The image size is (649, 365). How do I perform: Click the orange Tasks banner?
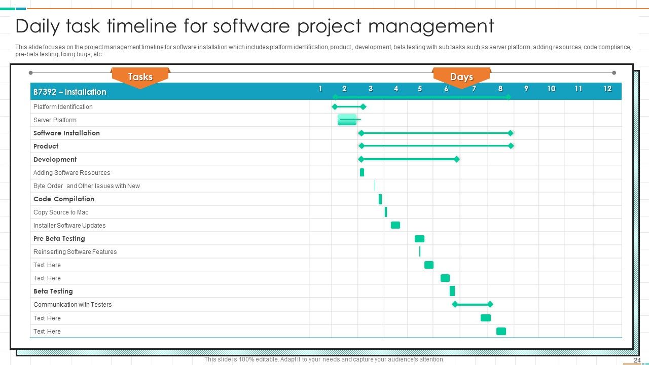[140, 77]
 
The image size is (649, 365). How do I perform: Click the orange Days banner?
[461, 77]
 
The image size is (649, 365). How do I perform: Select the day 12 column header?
[607, 89]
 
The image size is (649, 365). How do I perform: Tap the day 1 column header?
[320, 89]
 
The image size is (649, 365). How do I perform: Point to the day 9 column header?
[526, 89]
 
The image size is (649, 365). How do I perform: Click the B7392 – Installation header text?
[70, 92]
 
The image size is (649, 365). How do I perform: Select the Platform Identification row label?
[63, 107]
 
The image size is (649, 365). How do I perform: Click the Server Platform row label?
[55, 120]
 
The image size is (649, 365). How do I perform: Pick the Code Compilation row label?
[64, 199]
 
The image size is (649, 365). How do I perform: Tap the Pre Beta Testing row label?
[59, 239]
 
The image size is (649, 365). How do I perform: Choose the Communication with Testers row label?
[73, 305]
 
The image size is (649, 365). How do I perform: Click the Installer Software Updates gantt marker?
[395, 225]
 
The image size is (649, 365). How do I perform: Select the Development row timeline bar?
[409, 159]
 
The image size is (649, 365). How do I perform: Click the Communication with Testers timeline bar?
[472, 305]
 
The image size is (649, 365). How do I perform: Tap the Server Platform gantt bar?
[348, 120]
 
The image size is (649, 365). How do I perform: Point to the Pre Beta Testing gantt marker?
[419, 239]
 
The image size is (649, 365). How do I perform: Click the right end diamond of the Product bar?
[511, 146]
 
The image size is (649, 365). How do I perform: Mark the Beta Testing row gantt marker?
[452, 291]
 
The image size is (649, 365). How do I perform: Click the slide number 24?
[637, 360]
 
